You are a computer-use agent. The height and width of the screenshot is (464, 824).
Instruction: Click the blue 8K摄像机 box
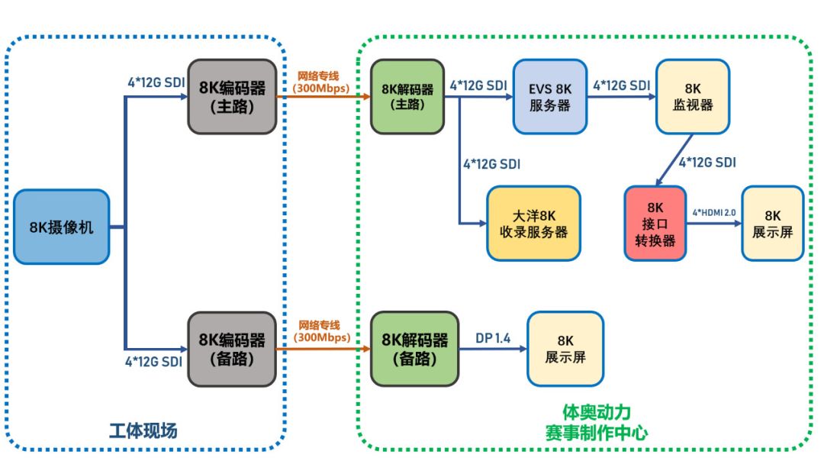61,227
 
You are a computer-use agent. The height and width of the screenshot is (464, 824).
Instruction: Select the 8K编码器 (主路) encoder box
232,96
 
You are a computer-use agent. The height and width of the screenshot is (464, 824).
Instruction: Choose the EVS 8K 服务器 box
549,96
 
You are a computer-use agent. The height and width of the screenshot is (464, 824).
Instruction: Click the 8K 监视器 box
692,96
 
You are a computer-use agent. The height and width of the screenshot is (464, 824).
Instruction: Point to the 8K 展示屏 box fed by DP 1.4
565,348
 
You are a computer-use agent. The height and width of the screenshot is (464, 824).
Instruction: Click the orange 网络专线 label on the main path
320,82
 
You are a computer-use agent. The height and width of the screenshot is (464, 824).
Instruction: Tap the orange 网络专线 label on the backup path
320,331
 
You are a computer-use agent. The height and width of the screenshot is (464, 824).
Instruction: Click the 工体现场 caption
145,430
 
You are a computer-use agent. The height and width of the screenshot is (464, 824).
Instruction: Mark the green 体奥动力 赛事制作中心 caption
586,422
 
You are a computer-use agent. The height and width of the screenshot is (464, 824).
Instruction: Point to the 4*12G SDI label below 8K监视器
707,162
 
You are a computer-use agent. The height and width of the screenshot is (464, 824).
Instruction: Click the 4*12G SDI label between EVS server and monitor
621,85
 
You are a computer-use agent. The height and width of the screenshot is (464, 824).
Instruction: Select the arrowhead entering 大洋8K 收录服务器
482,224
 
